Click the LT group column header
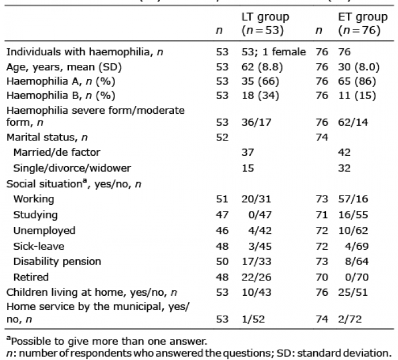266,24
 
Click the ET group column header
363,24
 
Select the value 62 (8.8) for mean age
262,67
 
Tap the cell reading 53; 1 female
273,52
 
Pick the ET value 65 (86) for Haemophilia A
357,81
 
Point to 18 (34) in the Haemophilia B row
260,96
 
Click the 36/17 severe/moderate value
256,122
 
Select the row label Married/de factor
57,152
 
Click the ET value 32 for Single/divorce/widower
344,168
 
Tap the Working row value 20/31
256,199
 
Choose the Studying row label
35,215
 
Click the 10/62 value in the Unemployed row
353,230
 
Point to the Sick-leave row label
39,246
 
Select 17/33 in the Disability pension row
256,262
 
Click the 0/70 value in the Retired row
356,277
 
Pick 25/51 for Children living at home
353,292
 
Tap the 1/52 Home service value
253,319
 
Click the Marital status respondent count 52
222,138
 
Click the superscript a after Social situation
85,181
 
